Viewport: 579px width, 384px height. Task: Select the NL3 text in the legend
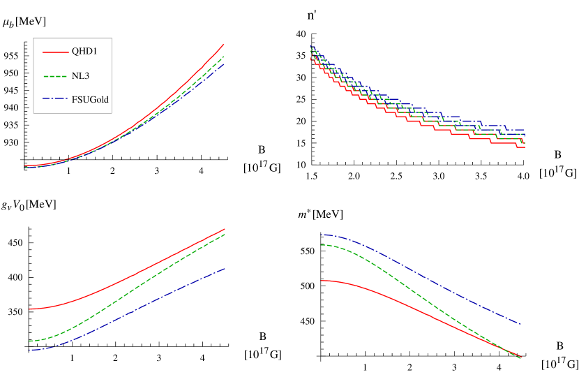click(x=80, y=75)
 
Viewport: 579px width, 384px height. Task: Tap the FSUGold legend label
click(x=90, y=99)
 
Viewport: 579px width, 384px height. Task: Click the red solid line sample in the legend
click(x=55, y=52)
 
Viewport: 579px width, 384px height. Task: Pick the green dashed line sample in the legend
click(x=55, y=75)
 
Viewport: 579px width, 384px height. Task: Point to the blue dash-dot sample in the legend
click(x=55, y=99)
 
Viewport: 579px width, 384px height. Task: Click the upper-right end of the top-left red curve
click(x=224, y=44)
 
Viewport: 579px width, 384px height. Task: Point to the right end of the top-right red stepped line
click(x=524, y=147)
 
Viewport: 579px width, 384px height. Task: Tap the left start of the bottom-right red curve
click(x=322, y=281)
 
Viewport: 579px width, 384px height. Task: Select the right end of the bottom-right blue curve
click(x=521, y=325)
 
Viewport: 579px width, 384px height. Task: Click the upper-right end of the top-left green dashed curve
click(x=224, y=57)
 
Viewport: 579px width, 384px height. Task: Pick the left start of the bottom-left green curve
click(x=29, y=341)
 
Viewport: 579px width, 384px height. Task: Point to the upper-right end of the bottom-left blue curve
click(x=225, y=268)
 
